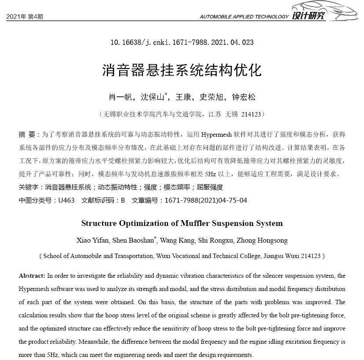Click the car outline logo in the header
coord(327,9)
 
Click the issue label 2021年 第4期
coord(25,17)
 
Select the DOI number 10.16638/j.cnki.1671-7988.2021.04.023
coord(182,43)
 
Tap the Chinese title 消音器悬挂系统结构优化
coord(182,70)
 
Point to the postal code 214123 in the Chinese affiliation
coord(251,114)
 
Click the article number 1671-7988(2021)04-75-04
coord(206,200)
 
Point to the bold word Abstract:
coord(32,276)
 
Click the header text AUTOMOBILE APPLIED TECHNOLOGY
coord(244,17)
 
